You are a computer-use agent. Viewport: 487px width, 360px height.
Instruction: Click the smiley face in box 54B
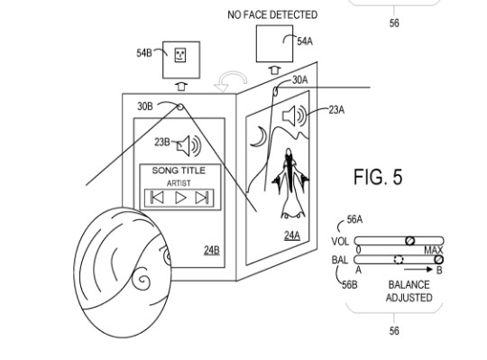180,55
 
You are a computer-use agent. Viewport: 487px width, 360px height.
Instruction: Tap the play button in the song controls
180,198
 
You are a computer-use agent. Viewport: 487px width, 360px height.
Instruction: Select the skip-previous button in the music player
157,198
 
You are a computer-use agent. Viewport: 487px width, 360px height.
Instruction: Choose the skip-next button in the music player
202,198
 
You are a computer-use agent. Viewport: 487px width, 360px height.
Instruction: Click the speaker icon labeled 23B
189,145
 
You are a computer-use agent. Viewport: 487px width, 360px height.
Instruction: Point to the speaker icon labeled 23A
294,115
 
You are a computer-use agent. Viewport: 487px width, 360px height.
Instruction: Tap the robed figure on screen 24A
290,183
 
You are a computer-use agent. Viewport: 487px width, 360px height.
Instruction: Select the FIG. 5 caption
378,177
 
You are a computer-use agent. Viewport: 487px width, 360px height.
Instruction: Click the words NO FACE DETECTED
272,14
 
